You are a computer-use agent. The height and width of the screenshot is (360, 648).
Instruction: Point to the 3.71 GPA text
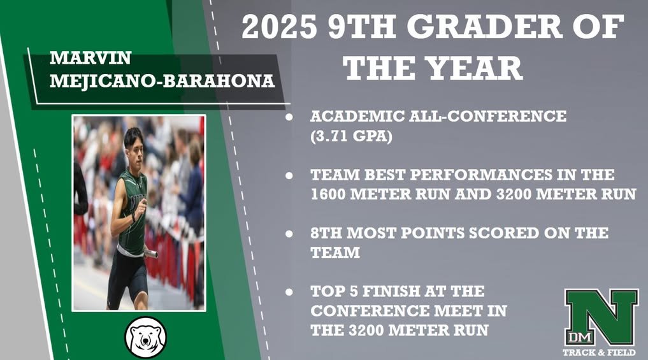point(350,136)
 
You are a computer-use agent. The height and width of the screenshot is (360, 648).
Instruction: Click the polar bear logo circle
point(145,336)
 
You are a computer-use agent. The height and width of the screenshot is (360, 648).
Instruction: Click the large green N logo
point(601,317)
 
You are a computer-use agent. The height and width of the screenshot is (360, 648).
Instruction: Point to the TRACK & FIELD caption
point(598,352)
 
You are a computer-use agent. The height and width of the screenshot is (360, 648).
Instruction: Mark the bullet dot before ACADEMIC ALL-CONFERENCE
point(290,118)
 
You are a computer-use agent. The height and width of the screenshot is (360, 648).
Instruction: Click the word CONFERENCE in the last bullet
point(364,311)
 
